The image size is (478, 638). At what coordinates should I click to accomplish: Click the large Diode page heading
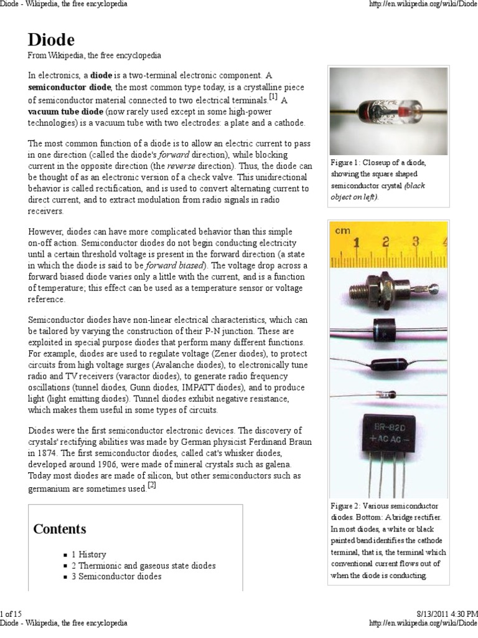click(x=51, y=40)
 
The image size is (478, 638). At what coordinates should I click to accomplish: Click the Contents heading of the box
click(x=60, y=529)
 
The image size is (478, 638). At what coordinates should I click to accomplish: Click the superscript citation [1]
click(x=273, y=97)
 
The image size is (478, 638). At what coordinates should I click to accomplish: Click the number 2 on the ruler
click(x=387, y=242)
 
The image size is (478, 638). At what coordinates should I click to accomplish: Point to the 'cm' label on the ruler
click(x=342, y=231)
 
